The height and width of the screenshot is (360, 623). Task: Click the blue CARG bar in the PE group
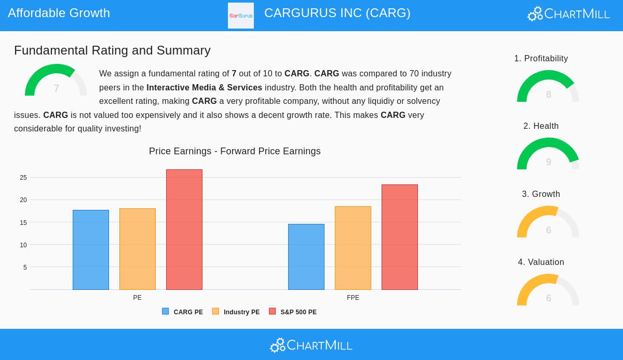coord(91,250)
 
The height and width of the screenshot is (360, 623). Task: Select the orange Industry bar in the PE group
coord(138,249)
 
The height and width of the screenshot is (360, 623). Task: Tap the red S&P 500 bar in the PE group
coord(184,230)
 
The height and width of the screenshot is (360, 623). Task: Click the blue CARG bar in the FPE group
coord(306,257)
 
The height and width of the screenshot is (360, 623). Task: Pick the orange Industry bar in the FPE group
coord(353,248)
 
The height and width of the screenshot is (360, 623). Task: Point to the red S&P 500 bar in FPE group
coord(400,237)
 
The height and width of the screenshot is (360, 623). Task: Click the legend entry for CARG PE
coord(183,312)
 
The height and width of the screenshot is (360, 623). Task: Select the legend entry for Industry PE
coord(236,312)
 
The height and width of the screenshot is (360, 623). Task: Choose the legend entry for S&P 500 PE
coord(293,312)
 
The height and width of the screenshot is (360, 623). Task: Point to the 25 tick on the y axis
coord(23,178)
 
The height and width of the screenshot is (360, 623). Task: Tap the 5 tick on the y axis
coord(25,268)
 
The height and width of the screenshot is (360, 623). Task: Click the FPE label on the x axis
coord(353,298)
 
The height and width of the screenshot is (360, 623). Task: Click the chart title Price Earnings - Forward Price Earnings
coord(235,151)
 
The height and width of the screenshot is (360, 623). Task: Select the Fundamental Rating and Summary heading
coord(112,50)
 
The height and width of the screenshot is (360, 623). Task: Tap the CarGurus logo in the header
coord(241,16)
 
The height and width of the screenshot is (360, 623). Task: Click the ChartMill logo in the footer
coord(311,345)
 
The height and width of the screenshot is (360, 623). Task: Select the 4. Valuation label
coord(541,262)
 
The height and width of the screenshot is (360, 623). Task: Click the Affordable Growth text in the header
coord(59,13)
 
